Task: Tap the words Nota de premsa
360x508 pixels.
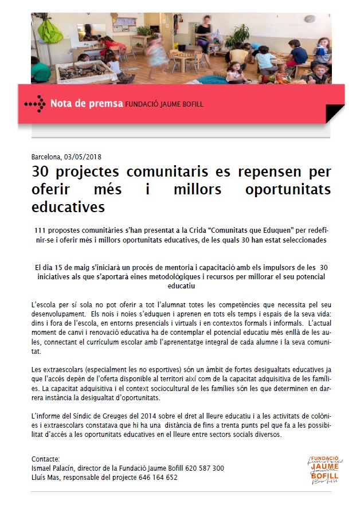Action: click(x=87, y=104)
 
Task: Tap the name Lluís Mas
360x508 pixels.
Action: click(x=45, y=477)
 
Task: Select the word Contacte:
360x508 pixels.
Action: click(x=46, y=459)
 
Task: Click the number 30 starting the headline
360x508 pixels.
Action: click(x=40, y=172)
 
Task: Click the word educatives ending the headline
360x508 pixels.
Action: click(x=69, y=205)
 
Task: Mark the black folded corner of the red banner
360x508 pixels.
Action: click(x=335, y=114)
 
